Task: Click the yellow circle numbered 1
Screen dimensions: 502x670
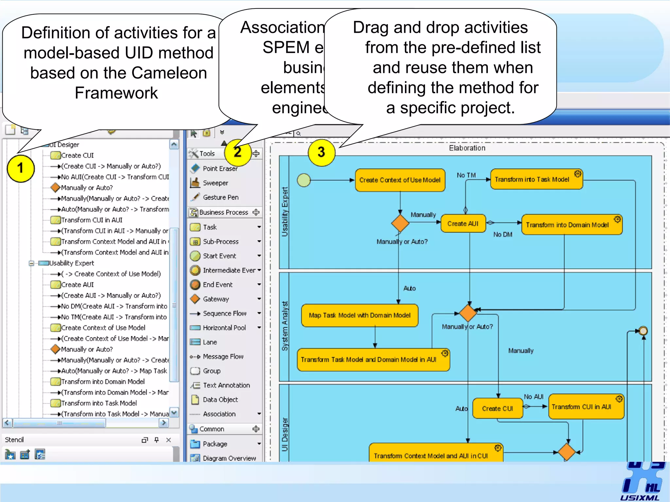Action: [x=21, y=168]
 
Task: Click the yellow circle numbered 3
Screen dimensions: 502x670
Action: [x=322, y=152]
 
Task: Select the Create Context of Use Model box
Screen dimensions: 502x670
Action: [x=400, y=180]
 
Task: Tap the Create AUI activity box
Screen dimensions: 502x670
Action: [x=463, y=224]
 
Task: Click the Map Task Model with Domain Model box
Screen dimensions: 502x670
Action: [x=360, y=315]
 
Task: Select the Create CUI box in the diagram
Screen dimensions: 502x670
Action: [x=497, y=409]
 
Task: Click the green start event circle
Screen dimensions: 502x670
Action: [x=304, y=180]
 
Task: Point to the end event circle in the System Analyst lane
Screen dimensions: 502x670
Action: [x=643, y=331]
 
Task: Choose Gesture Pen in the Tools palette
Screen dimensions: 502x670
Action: [x=220, y=197]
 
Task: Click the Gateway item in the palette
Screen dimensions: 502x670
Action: [x=216, y=299]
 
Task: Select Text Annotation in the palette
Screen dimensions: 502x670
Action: [x=226, y=385]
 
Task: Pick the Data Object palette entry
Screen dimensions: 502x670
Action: [x=220, y=400]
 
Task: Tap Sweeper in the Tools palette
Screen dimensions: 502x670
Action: [x=215, y=183]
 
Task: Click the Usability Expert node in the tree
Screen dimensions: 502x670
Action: [x=71, y=263]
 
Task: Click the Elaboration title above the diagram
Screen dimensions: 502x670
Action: [x=467, y=148]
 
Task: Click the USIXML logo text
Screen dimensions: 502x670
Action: [x=640, y=498]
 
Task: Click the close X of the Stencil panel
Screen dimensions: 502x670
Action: [x=168, y=440]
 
